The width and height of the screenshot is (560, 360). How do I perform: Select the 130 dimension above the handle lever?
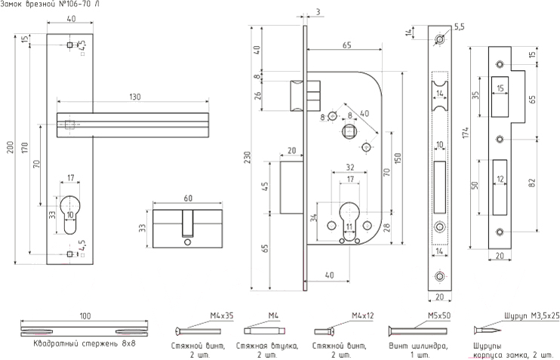tap(134, 97)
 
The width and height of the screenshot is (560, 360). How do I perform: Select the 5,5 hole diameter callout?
tap(459, 28)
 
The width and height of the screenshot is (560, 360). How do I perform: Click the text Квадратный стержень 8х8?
tap(75, 344)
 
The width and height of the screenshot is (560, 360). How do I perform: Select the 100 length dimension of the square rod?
tap(85, 315)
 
